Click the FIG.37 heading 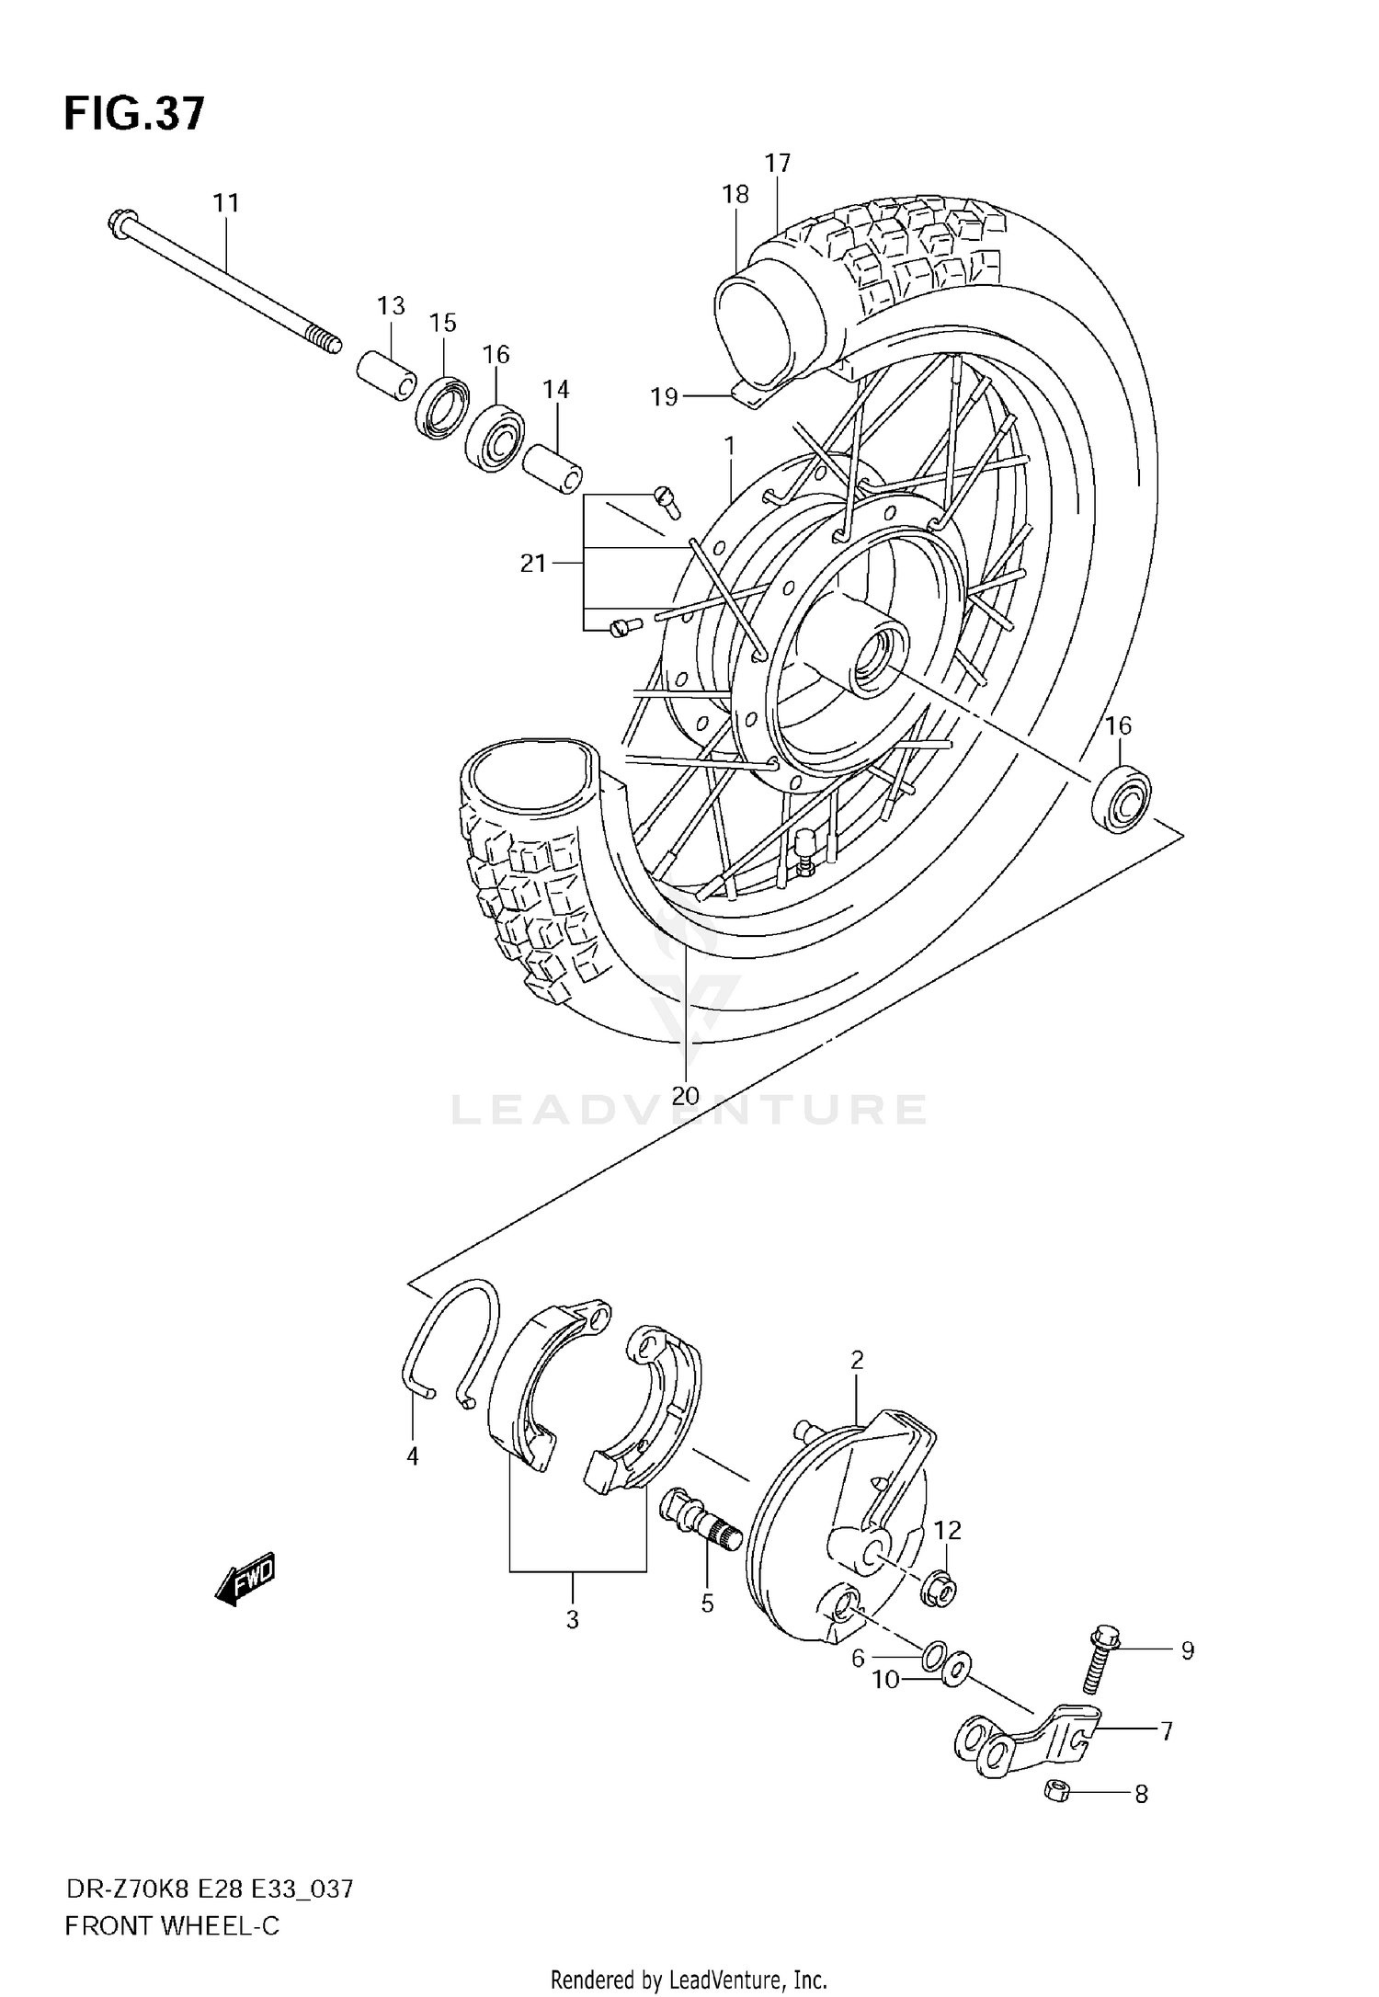(x=134, y=115)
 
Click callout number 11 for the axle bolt (x=226, y=202)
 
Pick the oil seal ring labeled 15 (x=443, y=406)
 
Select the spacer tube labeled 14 (x=553, y=469)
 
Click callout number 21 (x=533, y=564)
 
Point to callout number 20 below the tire (x=685, y=1095)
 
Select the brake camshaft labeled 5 (x=703, y=1527)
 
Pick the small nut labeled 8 (x=1056, y=1790)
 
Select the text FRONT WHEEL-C (x=171, y=1926)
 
